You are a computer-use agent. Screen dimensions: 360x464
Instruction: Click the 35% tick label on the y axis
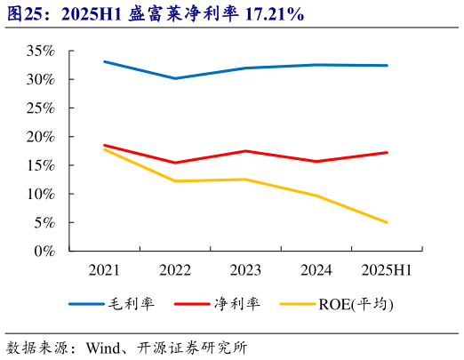click(40, 51)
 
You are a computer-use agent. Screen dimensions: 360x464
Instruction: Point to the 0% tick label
click(44, 251)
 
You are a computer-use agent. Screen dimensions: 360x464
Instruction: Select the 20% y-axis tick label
click(40, 136)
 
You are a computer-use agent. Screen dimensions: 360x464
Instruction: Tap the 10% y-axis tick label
click(40, 194)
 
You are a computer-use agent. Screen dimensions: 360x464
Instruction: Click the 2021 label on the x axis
click(104, 268)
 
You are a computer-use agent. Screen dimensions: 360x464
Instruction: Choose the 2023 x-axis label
click(245, 268)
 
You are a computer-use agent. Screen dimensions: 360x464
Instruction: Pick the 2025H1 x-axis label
click(387, 268)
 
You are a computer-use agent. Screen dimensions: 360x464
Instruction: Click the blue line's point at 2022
click(174, 78)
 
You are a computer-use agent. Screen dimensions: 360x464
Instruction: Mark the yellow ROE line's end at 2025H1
click(387, 222)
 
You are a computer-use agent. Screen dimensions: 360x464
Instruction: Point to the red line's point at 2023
click(245, 151)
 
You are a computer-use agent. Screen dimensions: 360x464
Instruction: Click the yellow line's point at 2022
click(174, 181)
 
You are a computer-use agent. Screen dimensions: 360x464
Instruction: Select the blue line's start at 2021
click(104, 61)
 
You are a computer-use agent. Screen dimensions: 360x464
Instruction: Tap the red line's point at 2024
click(316, 161)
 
